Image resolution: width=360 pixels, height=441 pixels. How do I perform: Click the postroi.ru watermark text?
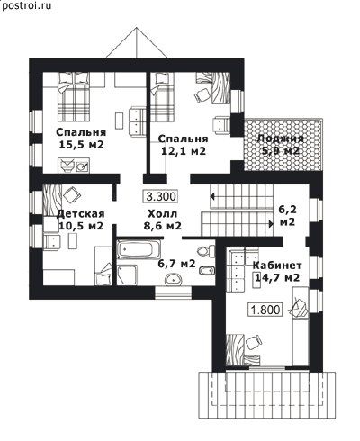pos(26,5)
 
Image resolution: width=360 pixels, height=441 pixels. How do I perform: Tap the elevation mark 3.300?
pos(161,197)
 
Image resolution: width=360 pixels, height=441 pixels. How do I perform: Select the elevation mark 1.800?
pos(265,310)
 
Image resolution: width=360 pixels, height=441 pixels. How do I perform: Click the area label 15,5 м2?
pos(81,145)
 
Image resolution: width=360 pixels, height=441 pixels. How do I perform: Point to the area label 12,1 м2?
pos(184,151)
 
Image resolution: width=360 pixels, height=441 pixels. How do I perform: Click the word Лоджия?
pos(281,139)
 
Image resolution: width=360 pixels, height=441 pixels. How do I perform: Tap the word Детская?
pos(81,213)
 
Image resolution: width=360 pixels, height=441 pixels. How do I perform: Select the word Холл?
pos(162,213)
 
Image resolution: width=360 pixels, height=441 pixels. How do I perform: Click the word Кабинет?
pos(277,265)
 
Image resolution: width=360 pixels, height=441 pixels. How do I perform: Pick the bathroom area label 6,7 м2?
pos(176,264)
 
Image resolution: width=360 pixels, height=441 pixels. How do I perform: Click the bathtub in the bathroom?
pos(139,249)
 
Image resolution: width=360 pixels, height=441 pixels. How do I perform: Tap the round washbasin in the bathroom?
pos(173,279)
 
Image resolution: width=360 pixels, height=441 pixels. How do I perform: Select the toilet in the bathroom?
pos(206,251)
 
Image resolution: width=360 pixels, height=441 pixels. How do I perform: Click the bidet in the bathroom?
pos(207,270)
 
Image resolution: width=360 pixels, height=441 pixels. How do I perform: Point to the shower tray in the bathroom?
pos(127,274)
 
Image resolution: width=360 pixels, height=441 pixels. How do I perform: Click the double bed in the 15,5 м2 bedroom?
pos(74,96)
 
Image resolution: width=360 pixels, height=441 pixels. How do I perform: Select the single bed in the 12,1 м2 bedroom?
pos(162,97)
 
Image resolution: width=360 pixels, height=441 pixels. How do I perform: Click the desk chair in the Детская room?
pos(72,194)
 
